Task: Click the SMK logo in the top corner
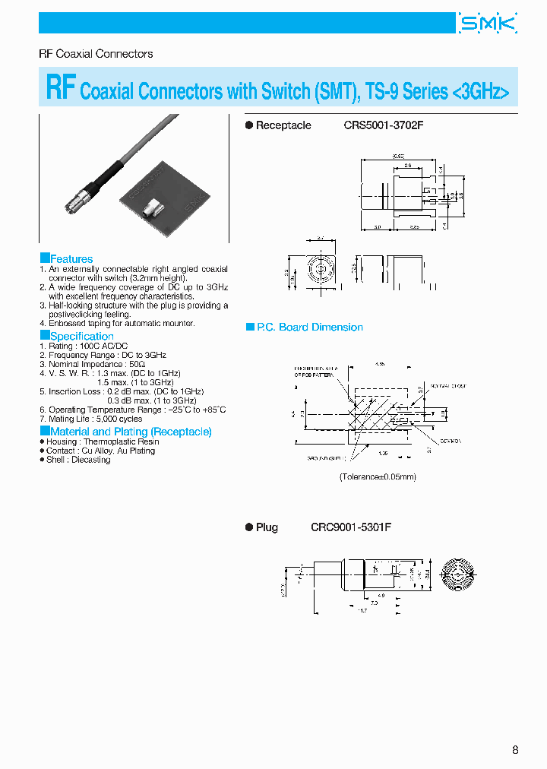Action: click(x=488, y=24)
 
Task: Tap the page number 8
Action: click(x=515, y=750)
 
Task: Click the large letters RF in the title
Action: click(x=60, y=88)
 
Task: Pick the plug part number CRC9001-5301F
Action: click(x=350, y=527)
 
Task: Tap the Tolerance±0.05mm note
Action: click(x=378, y=476)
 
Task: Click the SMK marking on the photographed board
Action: click(x=193, y=201)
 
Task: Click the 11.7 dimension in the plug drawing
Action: click(x=362, y=610)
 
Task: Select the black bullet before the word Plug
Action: click(x=248, y=527)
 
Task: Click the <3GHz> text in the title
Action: click(x=480, y=92)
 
